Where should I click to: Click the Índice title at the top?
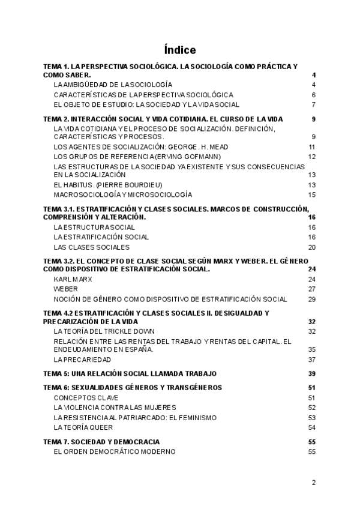[x=179, y=49]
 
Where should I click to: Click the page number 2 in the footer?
[x=313, y=482]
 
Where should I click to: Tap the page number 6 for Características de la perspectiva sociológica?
[x=313, y=95]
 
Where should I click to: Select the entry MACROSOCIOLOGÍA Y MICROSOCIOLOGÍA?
[x=123, y=194]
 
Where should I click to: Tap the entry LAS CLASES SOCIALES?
[x=91, y=247]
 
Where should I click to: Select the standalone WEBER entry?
[x=65, y=289]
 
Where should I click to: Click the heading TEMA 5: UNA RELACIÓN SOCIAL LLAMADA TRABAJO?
[x=130, y=373]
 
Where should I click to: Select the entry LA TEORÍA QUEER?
[x=83, y=427]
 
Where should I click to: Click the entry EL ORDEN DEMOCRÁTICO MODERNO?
[x=115, y=451]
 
